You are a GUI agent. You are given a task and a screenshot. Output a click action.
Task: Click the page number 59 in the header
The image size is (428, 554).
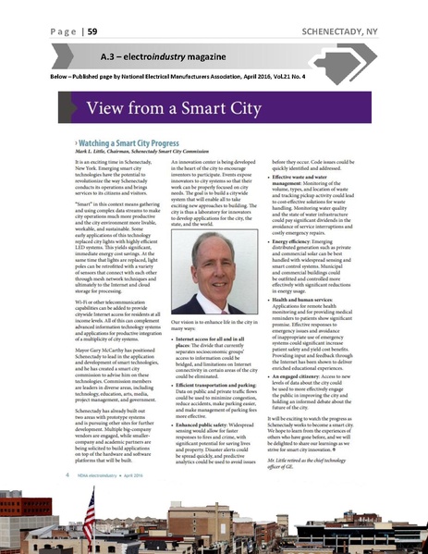[91, 31]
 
